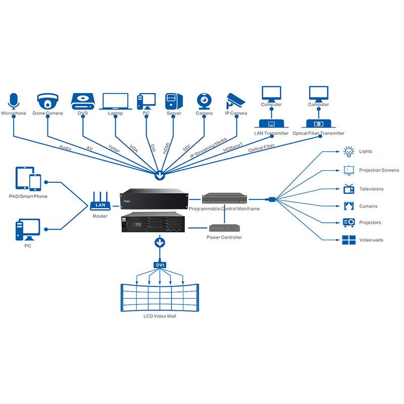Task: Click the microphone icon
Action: point(14,100)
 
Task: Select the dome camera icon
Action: point(47,100)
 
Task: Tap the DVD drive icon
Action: point(83,100)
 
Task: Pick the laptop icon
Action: point(116,100)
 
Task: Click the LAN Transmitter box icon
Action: point(271,124)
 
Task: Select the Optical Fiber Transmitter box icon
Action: point(318,124)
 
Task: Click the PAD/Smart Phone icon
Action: point(28,179)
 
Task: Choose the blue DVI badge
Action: point(160,265)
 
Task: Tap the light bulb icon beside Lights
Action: point(348,151)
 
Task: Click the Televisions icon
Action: point(348,188)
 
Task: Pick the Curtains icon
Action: point(348,206)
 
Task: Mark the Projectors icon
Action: point(348,222)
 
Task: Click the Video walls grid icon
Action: point(348,240)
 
